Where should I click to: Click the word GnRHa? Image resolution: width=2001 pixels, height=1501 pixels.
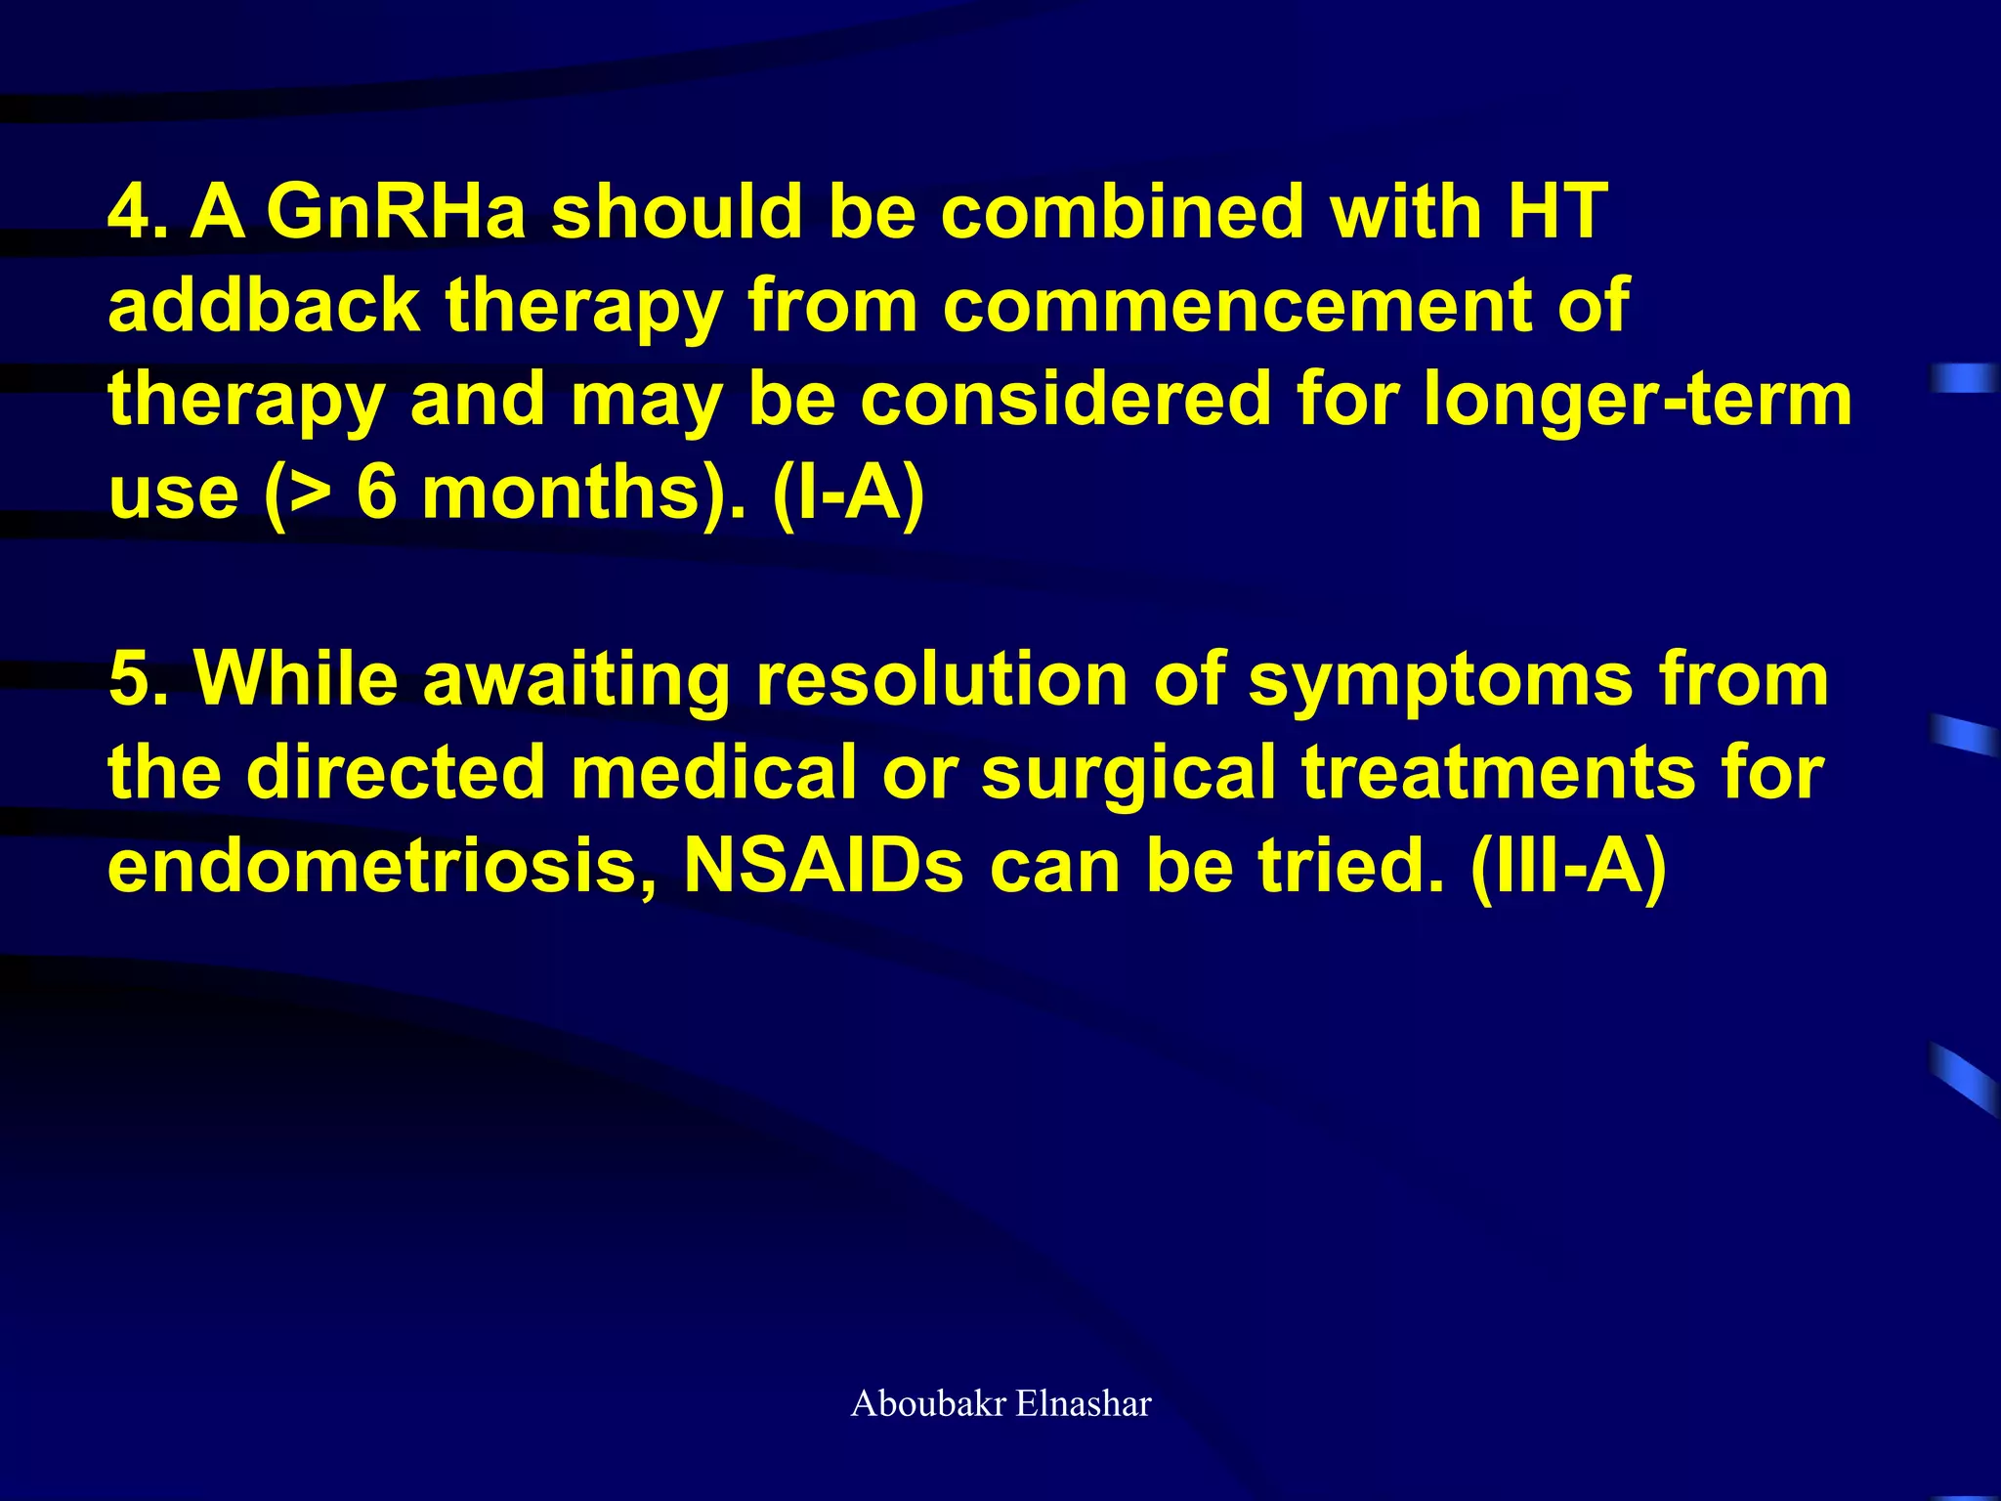tap(396, 212)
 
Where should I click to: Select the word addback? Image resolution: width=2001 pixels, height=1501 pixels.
tap(264, 306)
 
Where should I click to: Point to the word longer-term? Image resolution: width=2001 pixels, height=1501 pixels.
tap(1637, 400)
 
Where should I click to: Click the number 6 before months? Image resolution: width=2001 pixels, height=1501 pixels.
tap(377, 493)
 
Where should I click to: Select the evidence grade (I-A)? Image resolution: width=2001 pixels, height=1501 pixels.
tap(848, 493)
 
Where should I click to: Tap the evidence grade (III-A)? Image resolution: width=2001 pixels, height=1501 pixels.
tap(1568, 866)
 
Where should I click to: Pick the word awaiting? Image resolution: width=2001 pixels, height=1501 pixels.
tap(576, 679)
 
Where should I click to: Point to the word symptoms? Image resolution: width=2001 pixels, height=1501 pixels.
tap(1441, 679)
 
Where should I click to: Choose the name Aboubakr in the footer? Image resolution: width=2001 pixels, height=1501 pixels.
tap(928, 1404)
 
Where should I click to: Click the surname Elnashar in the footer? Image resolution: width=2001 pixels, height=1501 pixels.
tap(1084, 1404)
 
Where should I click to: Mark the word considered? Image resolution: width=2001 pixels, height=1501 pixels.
tap(1065, 400)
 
